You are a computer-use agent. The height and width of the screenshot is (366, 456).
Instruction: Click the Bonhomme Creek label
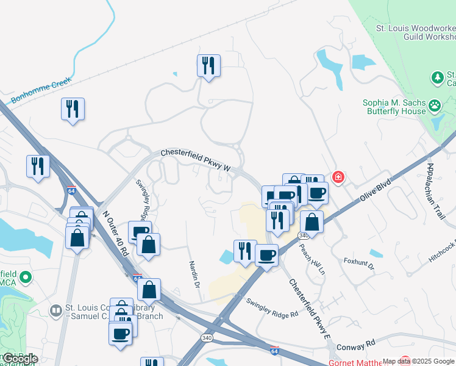pos(41,90)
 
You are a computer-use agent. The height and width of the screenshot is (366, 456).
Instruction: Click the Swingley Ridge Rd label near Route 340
pos(271,307)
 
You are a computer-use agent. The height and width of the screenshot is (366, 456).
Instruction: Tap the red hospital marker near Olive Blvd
pos(337,177)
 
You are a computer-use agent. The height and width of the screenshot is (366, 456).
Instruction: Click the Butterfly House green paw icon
pos(435,106)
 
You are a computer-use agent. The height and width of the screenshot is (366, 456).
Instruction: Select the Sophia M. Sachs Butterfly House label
pos(394,107)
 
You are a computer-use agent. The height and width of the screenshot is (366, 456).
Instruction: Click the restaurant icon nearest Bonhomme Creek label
pos(73,109)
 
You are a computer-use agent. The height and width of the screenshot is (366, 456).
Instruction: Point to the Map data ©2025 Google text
pos(418,361)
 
